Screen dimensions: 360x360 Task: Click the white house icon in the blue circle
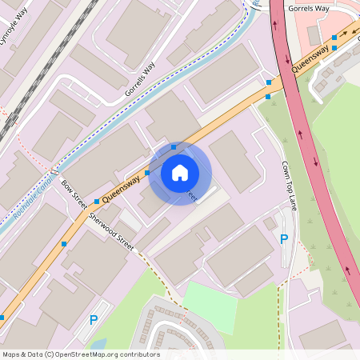[180, 173]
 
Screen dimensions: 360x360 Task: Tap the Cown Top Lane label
[289, 186]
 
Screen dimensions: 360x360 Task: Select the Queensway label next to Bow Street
[122, 187]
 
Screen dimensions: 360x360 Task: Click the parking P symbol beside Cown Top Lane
[283, 238]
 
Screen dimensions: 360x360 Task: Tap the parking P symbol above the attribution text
[94, 320]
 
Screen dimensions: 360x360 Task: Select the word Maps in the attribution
[11, 354]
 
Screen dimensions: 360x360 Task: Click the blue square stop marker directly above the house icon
[174, 147]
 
